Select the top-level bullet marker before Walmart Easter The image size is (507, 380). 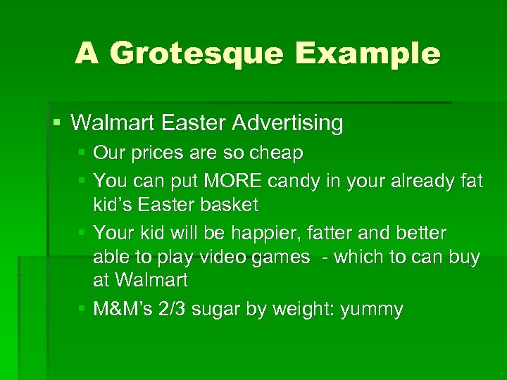[x=57, y=123]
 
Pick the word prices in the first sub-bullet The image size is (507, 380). [x=152, y=153]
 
